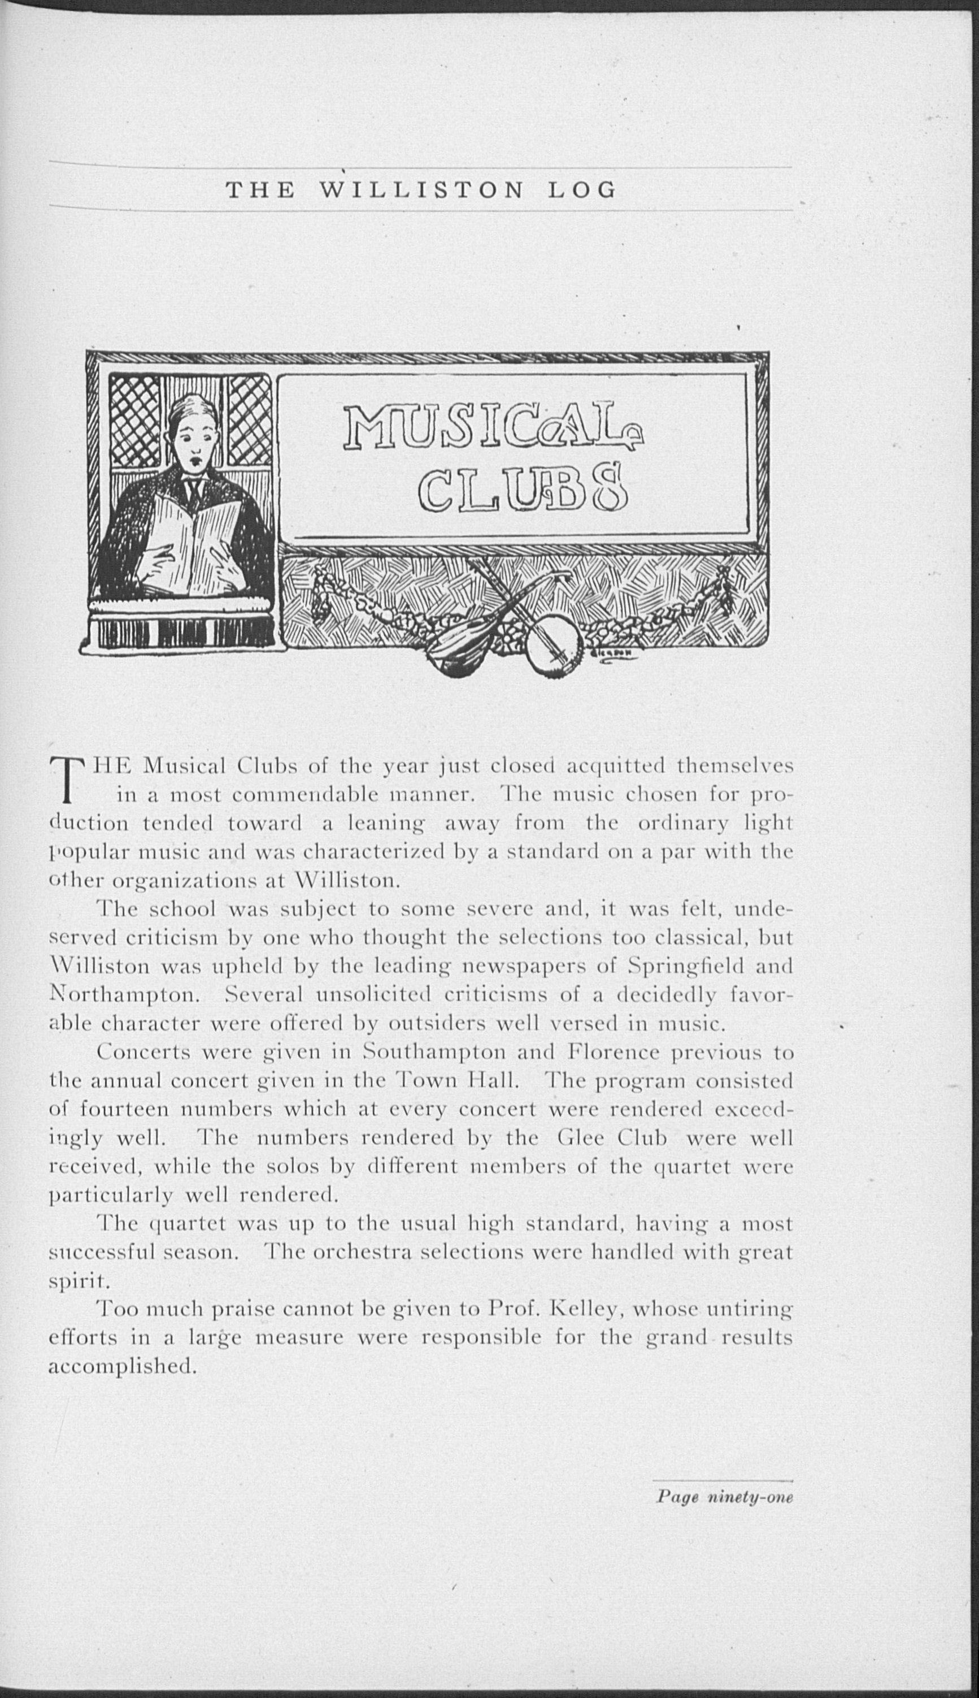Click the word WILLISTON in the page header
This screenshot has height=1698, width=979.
(x=421, y=191)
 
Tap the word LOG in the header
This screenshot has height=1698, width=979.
(x=582, y=191)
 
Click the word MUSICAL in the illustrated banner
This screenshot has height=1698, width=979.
(x=493, y=427)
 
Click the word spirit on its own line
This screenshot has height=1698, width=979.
(x=73, y=1280)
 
